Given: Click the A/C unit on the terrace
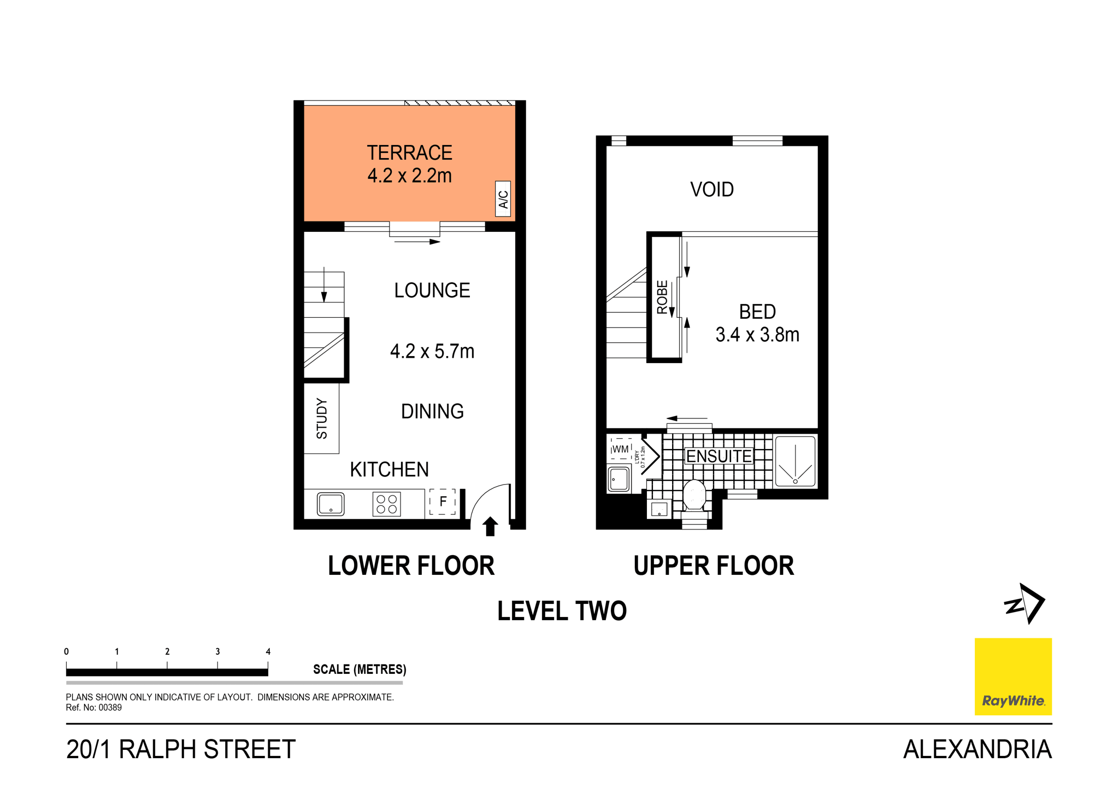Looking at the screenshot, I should (x=503, y=199).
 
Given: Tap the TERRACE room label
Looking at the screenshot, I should (x=409, y=153).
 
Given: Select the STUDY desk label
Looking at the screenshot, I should (x=322, y=418).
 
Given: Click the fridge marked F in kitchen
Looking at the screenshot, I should (x=443, y=502).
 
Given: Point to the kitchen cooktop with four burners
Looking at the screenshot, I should (x=386, y=504).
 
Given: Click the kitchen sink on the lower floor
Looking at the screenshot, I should (x=331, y=504).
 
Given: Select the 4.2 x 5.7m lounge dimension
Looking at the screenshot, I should (x=432, y=351).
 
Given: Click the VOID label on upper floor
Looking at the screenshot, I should (x=711, y=190).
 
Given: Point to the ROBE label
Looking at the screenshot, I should (x=662, y=297).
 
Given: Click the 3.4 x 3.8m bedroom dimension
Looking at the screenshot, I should (x=757, y=335).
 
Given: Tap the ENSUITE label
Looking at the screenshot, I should (x=718, y=456).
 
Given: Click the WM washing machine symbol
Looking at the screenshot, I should (x=620, y=449).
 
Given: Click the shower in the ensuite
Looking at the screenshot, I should (x=795, y=461).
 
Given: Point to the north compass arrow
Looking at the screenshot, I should (x=1024, y=604).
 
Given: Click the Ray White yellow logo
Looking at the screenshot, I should (x=1013, y=677).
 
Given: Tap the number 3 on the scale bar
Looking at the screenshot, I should (x=217, y=651).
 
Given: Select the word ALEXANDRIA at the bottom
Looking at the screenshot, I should (x=977, y=749).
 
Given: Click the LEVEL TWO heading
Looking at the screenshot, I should (x=562, y=611).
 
